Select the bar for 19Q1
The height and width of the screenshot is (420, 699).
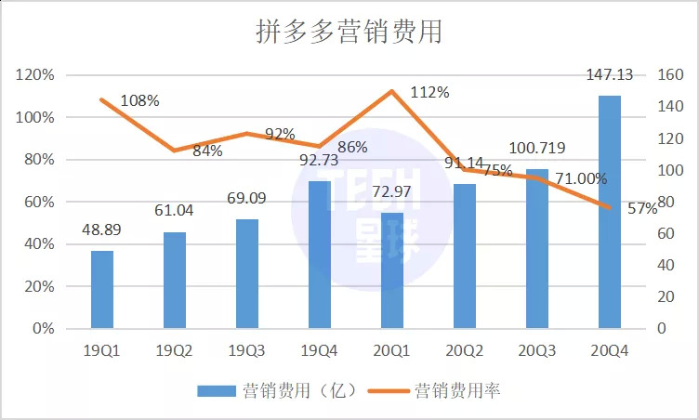(x=102, y=289)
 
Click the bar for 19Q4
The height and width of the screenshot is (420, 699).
(x=320, y=255)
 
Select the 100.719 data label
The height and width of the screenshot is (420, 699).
(x=537, y=148)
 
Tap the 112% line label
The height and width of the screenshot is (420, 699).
(x=429, y=93)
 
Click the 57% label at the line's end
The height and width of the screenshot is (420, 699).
(x=642, y=209)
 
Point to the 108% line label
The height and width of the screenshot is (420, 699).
(x=139, y=99)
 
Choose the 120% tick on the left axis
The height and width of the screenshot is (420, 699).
(x=35, y=75)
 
